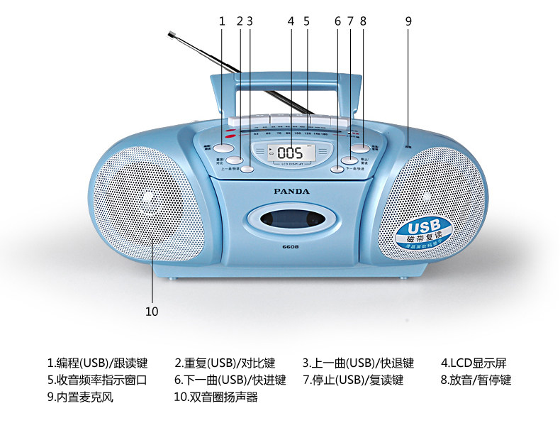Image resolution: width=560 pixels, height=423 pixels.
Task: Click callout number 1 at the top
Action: tap(222, 21)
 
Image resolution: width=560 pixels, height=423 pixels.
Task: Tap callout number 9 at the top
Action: tap(408, 21)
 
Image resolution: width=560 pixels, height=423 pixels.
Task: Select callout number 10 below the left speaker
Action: tap(152, 311)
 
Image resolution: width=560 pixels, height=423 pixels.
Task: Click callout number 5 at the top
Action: tap(306, 21)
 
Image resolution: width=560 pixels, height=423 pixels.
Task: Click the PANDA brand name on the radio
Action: tap(291, 190)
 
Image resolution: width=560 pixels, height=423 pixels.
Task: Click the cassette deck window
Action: tap(291, 219)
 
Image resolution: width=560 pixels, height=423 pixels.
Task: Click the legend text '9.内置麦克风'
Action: tap(80, 397)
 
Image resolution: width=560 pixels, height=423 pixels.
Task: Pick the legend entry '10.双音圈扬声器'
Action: tap(215, 397)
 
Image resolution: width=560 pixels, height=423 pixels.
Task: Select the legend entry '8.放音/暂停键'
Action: tap(475, 380)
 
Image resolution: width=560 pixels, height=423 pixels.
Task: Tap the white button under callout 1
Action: tap(223, 148)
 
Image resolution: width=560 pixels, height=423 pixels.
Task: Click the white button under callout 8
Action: tap(361, 148)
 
